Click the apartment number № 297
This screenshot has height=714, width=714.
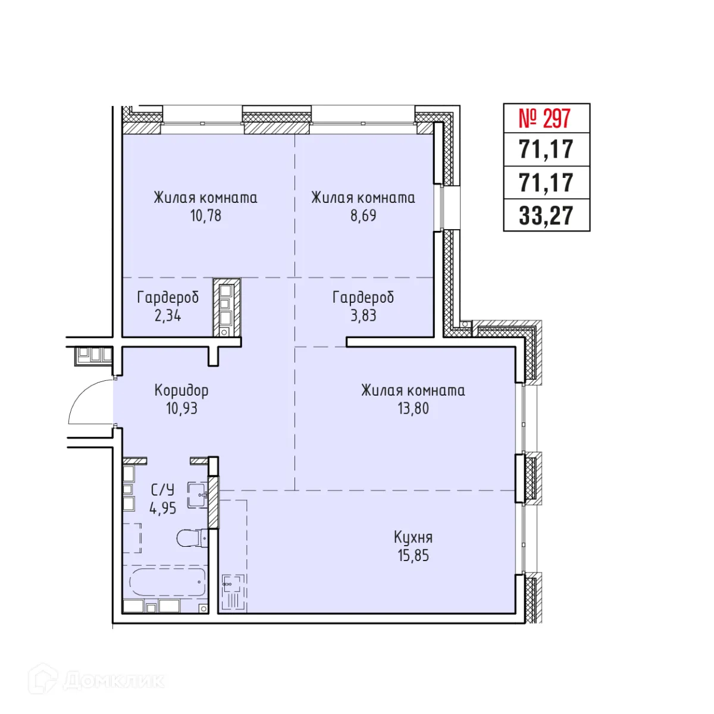[x=545, y=118]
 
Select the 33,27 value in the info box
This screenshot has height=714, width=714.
[x=546, y=215]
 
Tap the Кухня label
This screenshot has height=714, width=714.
[x=413, y=537]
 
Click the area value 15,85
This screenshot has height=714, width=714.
[x=413, y=556]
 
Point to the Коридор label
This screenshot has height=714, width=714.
[x=181, y=390]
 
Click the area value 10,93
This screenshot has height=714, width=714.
[x=181, y=409]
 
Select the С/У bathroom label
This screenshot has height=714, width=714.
[x=162, y=490]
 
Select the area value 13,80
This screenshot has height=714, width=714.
[x=413, y=409]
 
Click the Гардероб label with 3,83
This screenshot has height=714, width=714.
[x=363, y=297]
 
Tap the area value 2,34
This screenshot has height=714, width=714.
[x=168, y=315]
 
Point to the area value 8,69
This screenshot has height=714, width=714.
[x=363, y=215]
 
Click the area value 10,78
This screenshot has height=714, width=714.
[x=205, y=215]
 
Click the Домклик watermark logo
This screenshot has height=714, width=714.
[x=95, y=680]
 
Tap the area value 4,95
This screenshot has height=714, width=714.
[x=162, y=509]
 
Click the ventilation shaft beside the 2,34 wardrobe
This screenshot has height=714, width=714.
[x=227, y=308]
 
